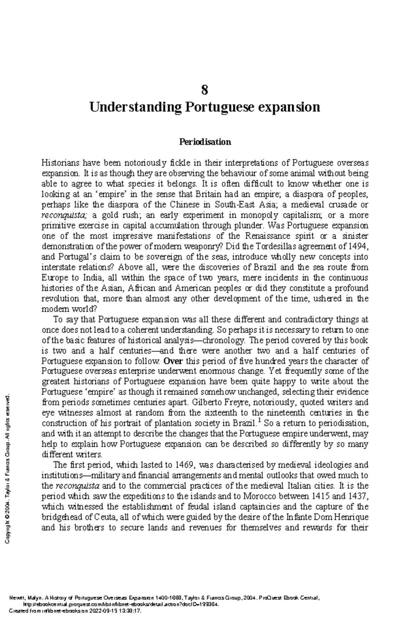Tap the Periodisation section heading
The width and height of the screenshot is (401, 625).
click(205, 142)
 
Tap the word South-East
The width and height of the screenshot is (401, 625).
click(234, 205)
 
